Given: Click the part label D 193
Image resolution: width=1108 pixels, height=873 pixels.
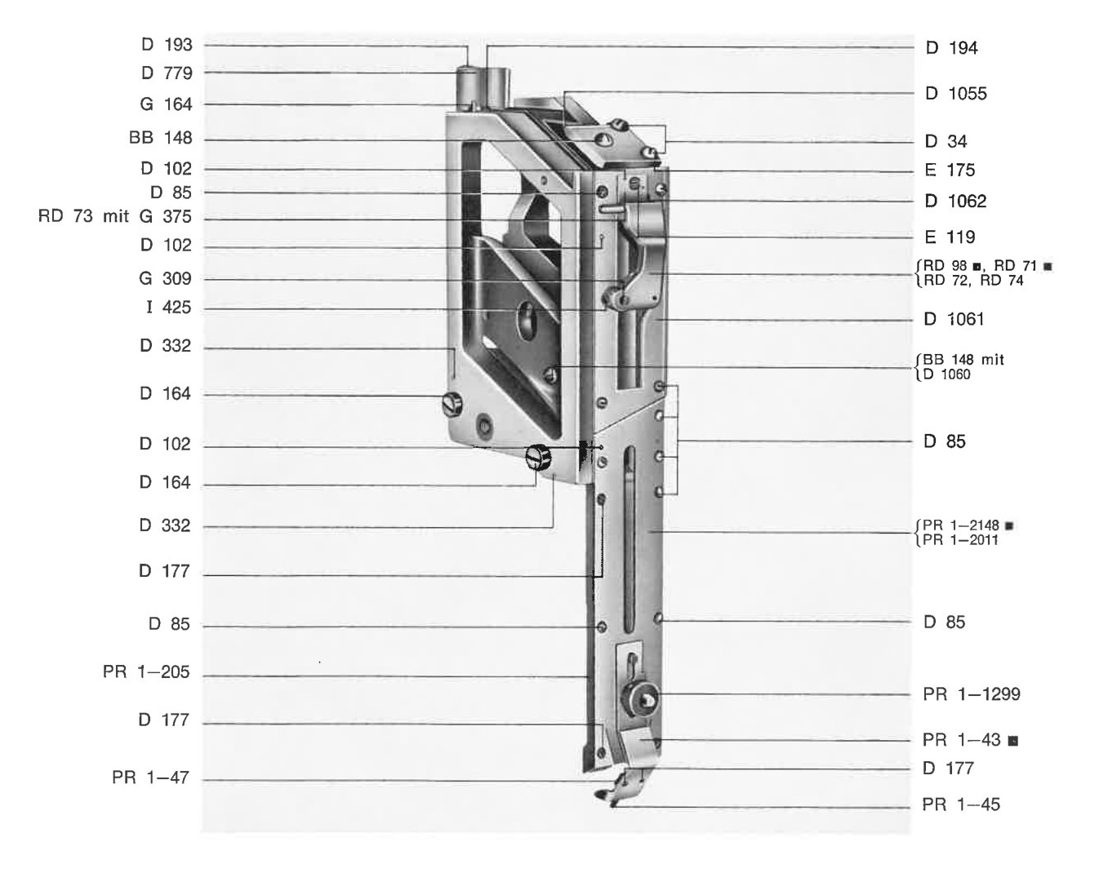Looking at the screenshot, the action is coord(167,45).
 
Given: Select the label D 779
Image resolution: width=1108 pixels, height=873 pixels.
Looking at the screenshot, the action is coord(167,73).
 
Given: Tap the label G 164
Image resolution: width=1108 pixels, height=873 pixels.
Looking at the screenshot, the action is coord(166,104).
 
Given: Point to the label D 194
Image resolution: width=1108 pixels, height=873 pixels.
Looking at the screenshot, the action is coord(951,48).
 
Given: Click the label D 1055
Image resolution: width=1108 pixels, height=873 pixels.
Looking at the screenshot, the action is coord(955,94).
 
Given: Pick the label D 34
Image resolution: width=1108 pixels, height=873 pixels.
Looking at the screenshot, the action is coord(946,141).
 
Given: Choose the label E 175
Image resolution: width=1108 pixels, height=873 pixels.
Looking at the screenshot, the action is coord(950,171).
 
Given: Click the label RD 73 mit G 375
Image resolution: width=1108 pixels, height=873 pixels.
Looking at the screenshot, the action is coord(115,216).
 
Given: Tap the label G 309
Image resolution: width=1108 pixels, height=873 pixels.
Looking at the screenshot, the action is coord(165,279).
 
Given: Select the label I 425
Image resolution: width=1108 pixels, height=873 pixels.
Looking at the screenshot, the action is coord(168,308).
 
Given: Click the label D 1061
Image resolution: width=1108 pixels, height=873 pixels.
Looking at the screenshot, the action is coord(954,320).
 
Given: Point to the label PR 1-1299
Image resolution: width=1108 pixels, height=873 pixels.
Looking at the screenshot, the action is coord(972,694).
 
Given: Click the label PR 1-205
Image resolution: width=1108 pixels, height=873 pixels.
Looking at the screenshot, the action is coord(146,671).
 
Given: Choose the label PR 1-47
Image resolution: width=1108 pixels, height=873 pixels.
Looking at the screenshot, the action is coord(150,778).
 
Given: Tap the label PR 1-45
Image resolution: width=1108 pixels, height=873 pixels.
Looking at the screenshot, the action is coord(961,804).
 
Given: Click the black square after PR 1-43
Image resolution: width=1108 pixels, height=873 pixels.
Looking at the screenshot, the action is coord(1012,741).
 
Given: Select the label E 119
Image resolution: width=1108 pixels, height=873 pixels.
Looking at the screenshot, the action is coord(950,237).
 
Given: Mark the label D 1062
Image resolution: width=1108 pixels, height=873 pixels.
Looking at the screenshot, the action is coord(955,202).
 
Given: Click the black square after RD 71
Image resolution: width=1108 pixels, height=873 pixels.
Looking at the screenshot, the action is coord(1048,267).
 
